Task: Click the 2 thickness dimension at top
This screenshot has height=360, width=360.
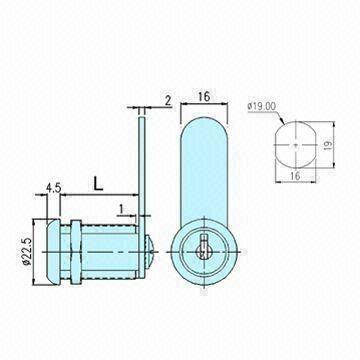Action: (x=168, y=100)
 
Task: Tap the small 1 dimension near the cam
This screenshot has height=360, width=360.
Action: (x=121, y=207)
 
